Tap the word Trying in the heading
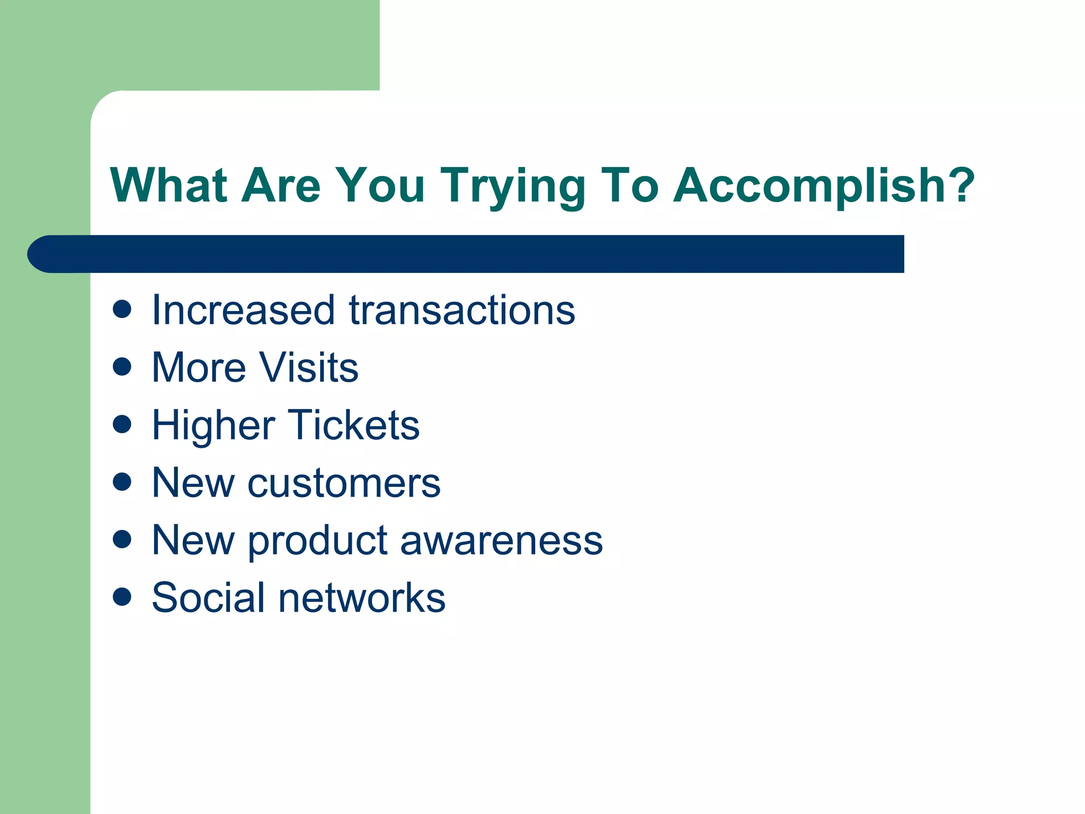click(512, 187)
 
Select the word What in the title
click(168, 185)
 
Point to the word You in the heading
click(380, 185)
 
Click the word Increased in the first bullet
click(243, 310)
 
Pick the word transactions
click(462, 310)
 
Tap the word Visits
click(308, 367)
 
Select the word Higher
click(214, 426)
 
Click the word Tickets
click(354, 425)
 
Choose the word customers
click(344, 483)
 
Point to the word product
click(318, 541)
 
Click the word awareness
click(502, 541)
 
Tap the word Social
click(208, 598)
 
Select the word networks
click(362, 598)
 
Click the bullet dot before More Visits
click(122, 366)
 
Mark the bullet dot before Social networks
click(122, 596)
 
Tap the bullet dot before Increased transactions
click(122, 309)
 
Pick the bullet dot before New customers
click(122, 481)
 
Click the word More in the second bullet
click(199, 367)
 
